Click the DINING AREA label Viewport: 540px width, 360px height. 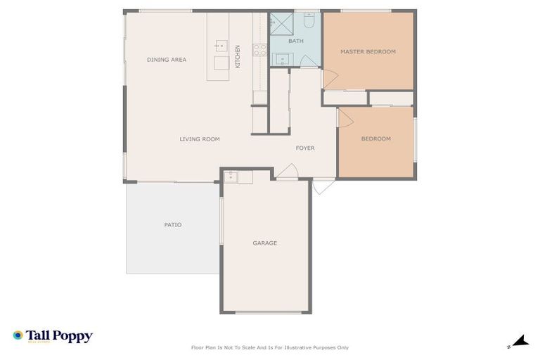tap(167, 60)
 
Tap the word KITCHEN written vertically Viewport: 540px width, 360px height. tap(238, 56)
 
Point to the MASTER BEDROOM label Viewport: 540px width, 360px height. tap(368, 51)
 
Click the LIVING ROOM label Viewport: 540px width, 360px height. tap(200, 139)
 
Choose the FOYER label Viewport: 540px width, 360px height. tap(304, 148)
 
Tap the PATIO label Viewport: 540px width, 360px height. tap(173, 225)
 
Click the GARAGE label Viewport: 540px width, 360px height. tap(265, 243)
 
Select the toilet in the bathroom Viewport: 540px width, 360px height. tap(308, 20)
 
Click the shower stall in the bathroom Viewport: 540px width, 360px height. tap(282, 23)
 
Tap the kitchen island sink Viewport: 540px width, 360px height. tap(221, 46)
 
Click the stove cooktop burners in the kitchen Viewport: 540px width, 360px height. tap(259, 49)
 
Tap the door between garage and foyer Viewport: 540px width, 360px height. tap(287, 172)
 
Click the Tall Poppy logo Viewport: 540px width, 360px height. tap(53, 337)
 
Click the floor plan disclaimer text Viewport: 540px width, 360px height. tap(269, 347)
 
